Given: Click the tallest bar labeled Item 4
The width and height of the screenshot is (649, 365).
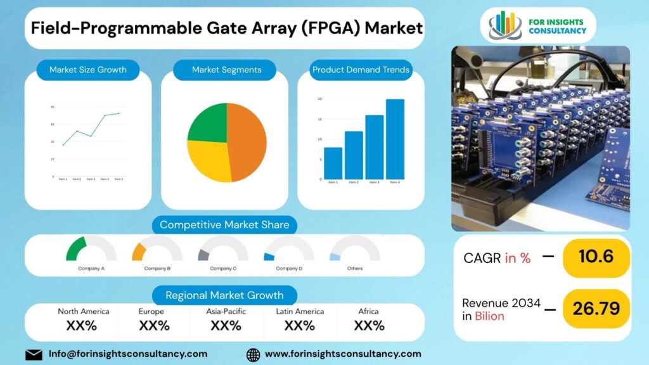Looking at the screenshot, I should click(x=395, y=139).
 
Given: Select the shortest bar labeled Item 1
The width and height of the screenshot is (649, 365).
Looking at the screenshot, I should click(x=333, y=163).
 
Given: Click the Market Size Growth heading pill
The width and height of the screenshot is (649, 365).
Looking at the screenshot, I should click(x=88, y=70).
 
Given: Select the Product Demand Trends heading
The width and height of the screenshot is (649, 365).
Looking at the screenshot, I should click(x=361, y=70).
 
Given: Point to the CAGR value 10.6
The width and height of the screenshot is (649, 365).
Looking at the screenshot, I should click(x=596, y=257).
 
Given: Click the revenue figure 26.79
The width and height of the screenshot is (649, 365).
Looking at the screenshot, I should click(x=596, y=308).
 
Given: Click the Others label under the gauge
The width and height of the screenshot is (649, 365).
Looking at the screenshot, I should click(x=355, y=268).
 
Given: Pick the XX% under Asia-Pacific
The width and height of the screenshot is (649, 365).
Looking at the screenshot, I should click(x=226, y=326).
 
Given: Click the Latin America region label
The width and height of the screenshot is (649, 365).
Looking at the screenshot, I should click(x=300, y=311).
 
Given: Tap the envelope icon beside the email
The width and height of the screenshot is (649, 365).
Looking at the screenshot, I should click(x=34, y=354).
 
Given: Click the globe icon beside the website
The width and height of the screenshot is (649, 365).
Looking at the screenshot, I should click(x=253, y=354).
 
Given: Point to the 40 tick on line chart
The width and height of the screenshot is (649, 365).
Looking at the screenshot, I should click(x=53, y=106).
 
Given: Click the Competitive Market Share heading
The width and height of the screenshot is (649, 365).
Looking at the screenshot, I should click(x=224, y=224).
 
